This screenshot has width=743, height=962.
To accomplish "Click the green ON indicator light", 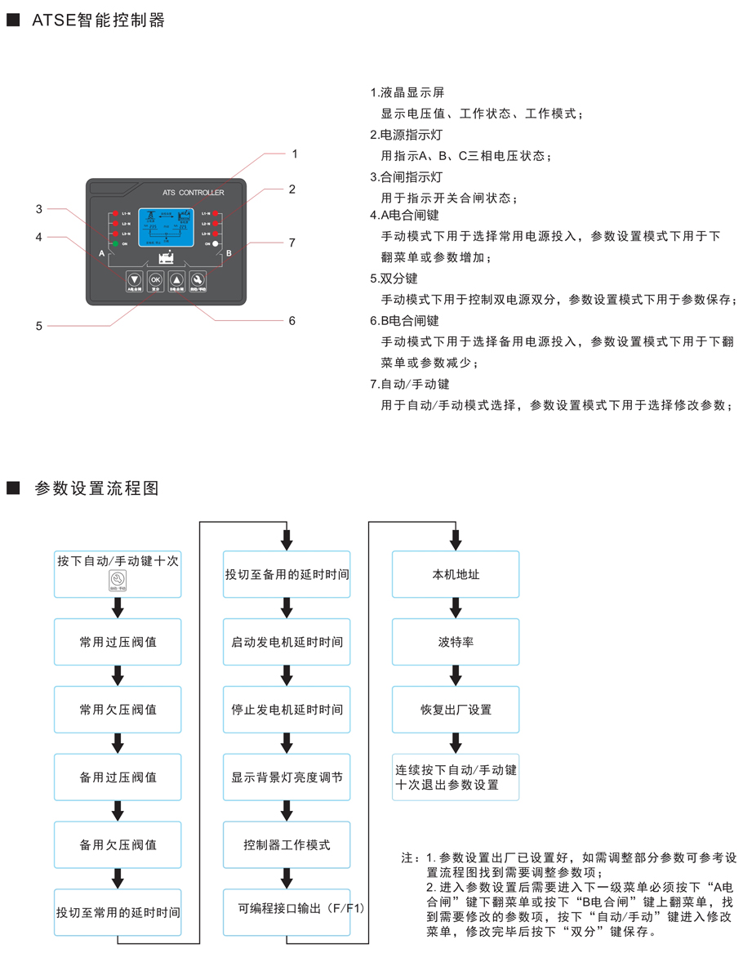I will (x=115, y=244).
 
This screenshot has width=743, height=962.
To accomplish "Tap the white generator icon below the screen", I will (x=165, y=259).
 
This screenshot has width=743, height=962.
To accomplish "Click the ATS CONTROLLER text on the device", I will (x=194, y=194).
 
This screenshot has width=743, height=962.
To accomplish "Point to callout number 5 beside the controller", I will (x=38, y=326).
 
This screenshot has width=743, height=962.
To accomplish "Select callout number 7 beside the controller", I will (x=291, y=243).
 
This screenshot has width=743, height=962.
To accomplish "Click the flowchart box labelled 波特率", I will (x=456, y=642).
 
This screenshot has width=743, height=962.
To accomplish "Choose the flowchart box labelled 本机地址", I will (x=456, y=574).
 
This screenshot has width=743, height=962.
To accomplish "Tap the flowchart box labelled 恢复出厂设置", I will (x=456, y=710).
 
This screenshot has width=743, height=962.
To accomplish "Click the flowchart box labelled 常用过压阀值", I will (x=118, y=642).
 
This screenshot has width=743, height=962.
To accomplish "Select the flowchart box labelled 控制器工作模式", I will (x=287, y=844).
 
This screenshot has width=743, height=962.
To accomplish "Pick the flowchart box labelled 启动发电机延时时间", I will (x=287, y=642).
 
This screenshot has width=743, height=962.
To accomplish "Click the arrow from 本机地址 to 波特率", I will (x=456, y=608).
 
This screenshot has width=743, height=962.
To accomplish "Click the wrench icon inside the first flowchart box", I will (x=118, y=581).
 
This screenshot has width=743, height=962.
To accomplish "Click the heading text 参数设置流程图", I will (x=96, y=488).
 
